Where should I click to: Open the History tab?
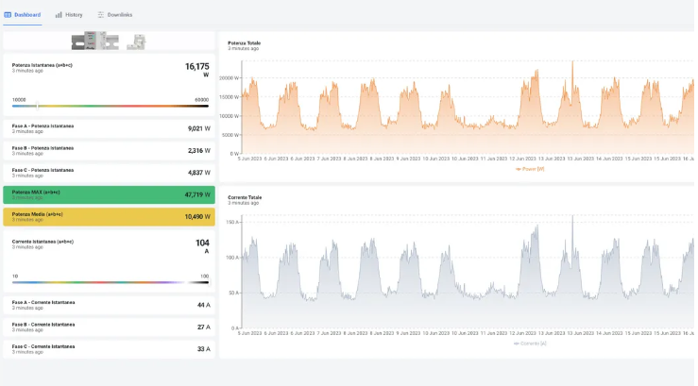pos(69,15)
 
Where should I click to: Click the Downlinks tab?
pos(114,15)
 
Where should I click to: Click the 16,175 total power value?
pos(196,67)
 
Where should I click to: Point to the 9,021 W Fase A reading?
pos(198,128)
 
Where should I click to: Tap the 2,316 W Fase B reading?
pos(198,150)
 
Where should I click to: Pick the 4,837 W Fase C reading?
pos(198,173)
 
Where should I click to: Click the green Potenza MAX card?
pos(109,195)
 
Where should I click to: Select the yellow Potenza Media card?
pos(109,217)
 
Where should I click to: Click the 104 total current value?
pos(202,243)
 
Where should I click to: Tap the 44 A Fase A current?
pos(202,305)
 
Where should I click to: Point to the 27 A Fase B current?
pos(202,327)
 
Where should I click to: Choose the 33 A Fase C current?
pos(202,349)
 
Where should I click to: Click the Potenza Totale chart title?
pos(244,42)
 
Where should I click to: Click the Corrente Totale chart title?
pos(245,197)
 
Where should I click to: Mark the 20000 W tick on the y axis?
pos(230,78)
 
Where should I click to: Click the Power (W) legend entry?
pos(532,169)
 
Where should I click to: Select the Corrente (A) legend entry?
pos(531,344)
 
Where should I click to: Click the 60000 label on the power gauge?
pos(201,99)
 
